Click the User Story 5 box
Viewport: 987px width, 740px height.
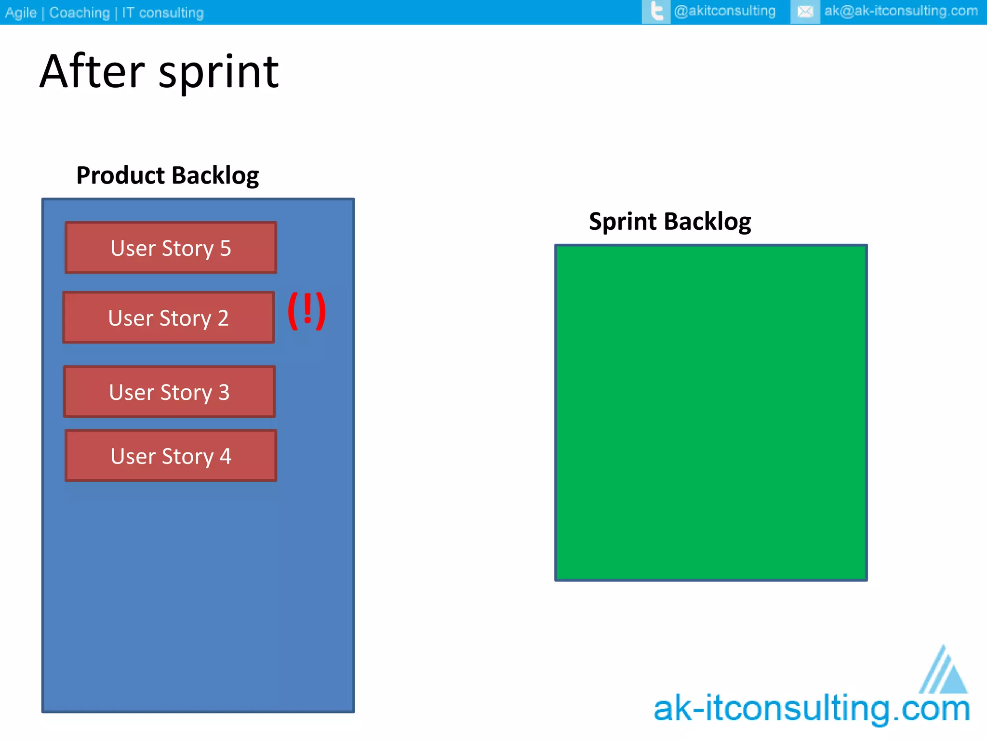coord(171,248)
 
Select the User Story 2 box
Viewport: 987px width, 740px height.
coord(168,317)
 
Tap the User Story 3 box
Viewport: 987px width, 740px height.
coord(169,392)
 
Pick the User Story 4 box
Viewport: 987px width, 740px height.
coord(171,456)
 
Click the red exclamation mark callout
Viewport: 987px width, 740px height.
coord(307,311)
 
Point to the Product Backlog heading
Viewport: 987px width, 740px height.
coord(167,175)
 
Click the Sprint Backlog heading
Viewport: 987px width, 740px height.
coord(669,222)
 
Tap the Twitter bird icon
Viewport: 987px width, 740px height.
coord(656,11)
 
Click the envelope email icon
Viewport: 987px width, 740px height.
coord(805,12)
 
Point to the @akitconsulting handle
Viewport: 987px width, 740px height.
coord(724,11)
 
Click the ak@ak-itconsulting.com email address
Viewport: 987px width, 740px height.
coord(900,11)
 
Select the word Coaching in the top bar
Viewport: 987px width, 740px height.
coord(80,13)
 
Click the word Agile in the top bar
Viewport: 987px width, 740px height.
coord(21,13)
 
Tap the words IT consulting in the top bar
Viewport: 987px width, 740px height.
coord(162,13)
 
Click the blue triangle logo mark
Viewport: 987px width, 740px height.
coord(945,672)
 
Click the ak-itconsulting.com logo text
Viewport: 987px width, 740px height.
coord(812,709)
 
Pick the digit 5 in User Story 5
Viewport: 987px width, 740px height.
coord(225,248)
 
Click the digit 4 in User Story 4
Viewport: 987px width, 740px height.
coord(225,456)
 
